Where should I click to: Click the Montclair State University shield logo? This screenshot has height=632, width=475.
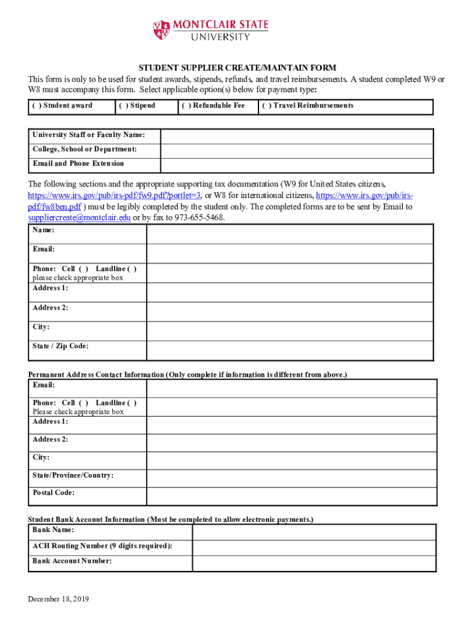(x=161, y=30)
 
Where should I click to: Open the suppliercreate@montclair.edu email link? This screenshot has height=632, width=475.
(x=79, y=218)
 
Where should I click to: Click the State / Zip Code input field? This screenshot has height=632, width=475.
(x=291, y=350)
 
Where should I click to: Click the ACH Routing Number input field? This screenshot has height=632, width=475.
(x=314, y=547)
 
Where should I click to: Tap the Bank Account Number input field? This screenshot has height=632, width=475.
(x=314, y=563)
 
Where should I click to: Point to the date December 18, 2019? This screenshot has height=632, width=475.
(x=59, y=599)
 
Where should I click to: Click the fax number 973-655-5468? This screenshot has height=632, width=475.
(x=197, y=218)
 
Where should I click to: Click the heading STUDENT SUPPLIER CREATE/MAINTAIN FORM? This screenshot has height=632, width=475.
(x=237, y=68)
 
